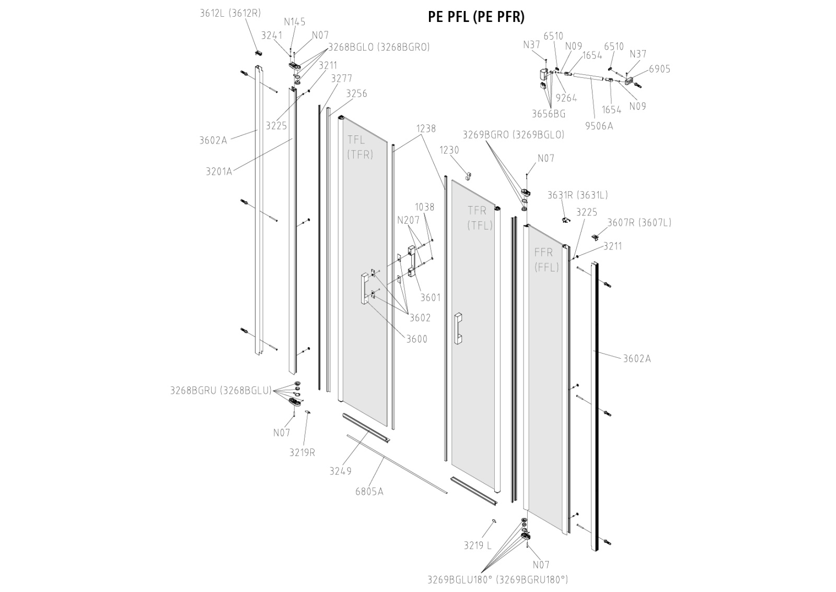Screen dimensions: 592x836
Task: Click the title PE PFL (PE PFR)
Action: [x=476, y=17]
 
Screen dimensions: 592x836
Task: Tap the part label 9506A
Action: [x=599, y=126]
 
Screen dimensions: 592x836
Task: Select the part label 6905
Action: [x=660, y=69]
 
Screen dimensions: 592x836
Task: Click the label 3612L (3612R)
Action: [x=230, y=13]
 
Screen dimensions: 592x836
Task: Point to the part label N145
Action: [x=295, y=22]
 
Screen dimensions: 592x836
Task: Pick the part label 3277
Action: [x=342, y=78]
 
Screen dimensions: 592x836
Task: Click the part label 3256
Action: [x=356, y=94]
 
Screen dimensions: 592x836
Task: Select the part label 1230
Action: [x=449, y=150]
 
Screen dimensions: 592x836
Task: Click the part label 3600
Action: [x=417, y=339]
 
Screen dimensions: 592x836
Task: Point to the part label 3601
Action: [x=431, y=298]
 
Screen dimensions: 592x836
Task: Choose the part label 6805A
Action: [x=369, y=492]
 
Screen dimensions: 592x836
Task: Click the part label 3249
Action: [x=340, y=471]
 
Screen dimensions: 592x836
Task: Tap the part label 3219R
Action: [x=302, y=452]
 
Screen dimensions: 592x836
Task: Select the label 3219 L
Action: [x=478, y=545]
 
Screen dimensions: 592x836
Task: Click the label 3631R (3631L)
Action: [x=577, y=195]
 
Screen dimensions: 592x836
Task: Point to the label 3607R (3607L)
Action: [x=639, y=222]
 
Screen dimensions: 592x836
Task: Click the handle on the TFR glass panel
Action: [x=458, y=328]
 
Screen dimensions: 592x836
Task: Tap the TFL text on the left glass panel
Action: [x=356, y=140]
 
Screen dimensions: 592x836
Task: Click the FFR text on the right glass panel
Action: [x=543, y=253]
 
